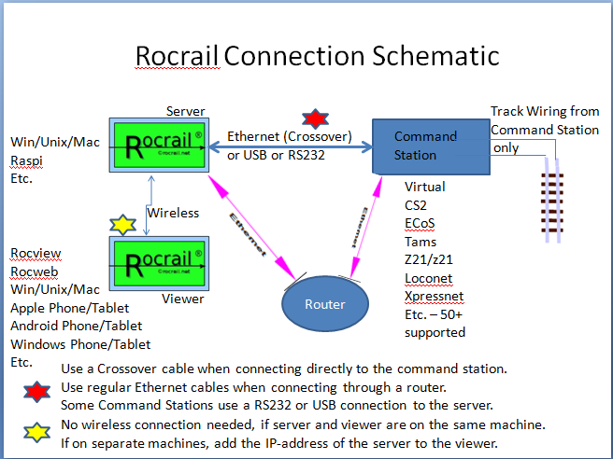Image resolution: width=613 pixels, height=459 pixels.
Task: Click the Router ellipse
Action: point(324,304)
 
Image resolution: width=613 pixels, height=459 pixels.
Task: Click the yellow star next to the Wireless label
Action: point(122,224)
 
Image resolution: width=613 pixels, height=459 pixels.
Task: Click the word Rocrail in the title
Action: point(178,56)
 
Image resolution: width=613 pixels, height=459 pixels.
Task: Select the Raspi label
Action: point(26,160)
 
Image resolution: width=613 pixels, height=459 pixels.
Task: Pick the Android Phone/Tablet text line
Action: point(77,326)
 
